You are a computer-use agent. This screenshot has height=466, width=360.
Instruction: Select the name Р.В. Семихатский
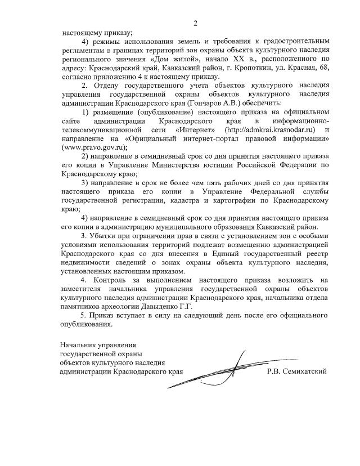coord(297,371)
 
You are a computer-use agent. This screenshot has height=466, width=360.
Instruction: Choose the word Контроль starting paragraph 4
coord(110,280)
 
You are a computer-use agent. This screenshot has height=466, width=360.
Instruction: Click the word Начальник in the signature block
coord(81,344)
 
